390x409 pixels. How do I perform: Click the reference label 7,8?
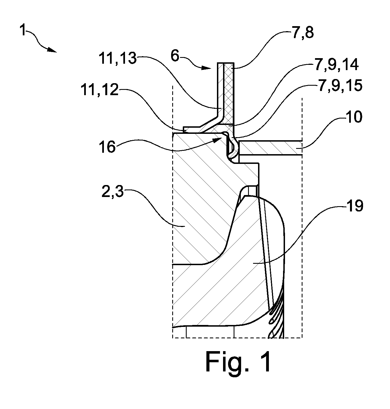click(x=302, y=33)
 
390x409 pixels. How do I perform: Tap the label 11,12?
click(x=100, y=90)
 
